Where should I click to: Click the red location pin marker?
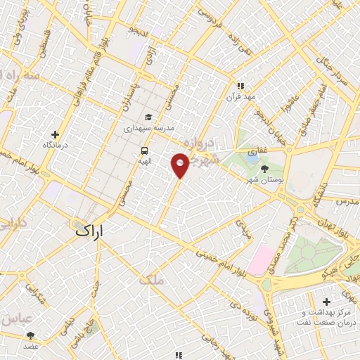180,166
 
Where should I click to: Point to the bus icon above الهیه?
144,150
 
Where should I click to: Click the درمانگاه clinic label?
56,144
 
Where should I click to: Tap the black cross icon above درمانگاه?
56,134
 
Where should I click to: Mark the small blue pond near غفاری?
251,160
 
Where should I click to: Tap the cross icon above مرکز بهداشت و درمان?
327,302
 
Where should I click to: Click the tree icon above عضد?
30,336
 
